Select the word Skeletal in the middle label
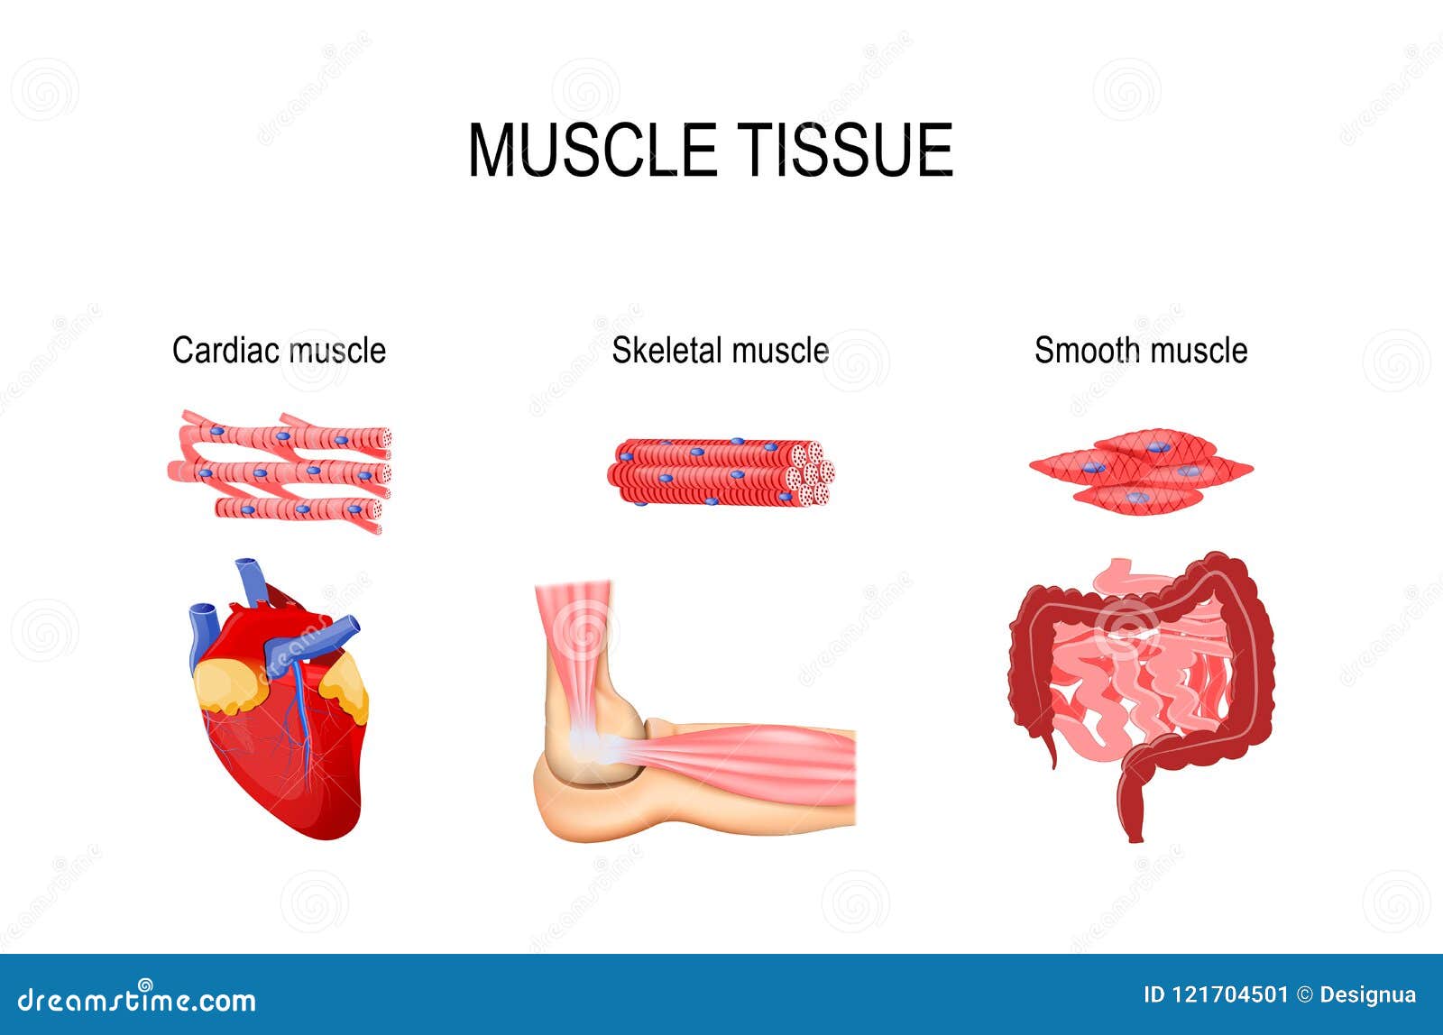(x=666, y=350)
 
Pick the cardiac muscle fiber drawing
(x=280, y=471)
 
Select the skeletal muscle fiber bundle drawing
(x=717, y=472)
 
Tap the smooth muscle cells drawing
(x=1141, y=472)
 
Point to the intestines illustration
(x=1141, y=685)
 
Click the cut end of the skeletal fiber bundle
(x=812, y=473)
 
